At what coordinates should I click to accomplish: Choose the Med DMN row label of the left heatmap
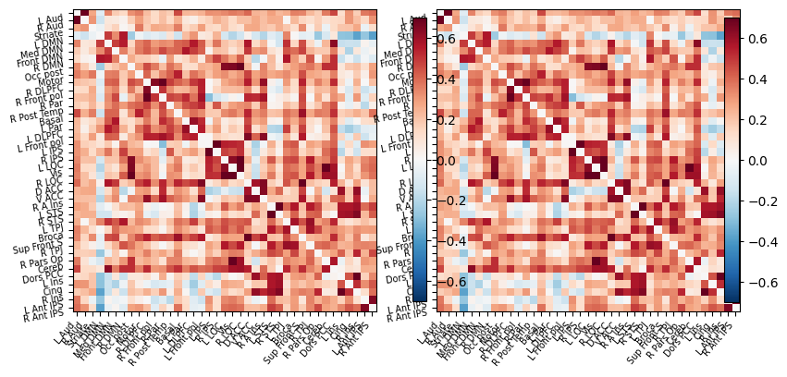click(x=47, y=48)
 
